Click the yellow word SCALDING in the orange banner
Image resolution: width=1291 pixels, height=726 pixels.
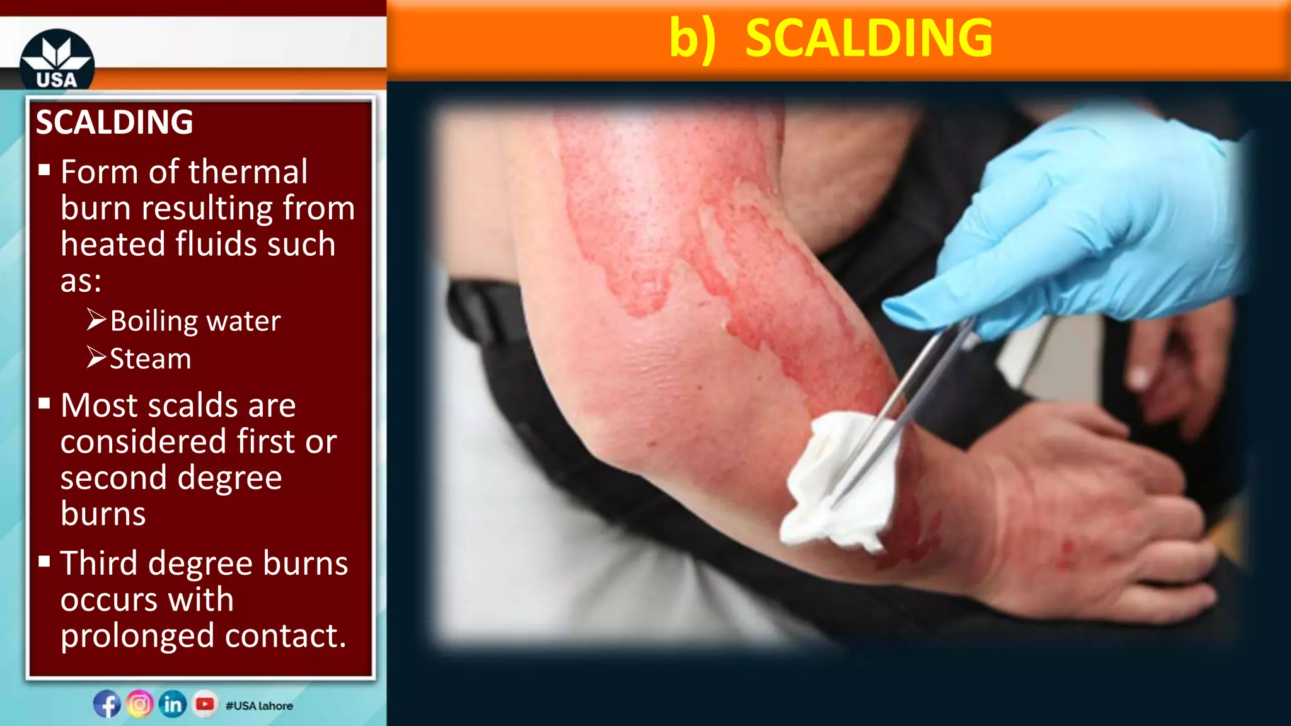coord(869,38)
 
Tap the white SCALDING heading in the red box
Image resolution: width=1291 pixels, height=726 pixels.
coord(114,122)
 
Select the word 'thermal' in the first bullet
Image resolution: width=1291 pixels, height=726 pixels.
coord(248,171)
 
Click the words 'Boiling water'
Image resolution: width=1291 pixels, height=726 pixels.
coord(195,321)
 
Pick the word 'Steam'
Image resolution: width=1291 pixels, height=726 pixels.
coord(151,359)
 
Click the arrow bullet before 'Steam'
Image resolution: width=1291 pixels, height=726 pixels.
coord(96,357)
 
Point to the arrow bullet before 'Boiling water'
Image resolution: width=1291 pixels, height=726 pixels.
coord(96,320)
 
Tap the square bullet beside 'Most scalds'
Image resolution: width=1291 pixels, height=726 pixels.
coord(44,404)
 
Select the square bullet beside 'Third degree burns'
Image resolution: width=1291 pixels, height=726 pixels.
coord(44,562)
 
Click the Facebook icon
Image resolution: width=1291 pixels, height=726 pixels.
coord(107,704)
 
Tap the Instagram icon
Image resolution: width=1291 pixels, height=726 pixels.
coord(140,704)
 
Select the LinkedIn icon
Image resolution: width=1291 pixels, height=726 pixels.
coord(173,704)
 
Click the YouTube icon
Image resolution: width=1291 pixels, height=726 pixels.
coord(205,704)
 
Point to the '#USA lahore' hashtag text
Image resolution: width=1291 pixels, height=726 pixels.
coord(259,706)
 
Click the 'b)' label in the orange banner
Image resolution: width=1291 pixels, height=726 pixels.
coord(692,38)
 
